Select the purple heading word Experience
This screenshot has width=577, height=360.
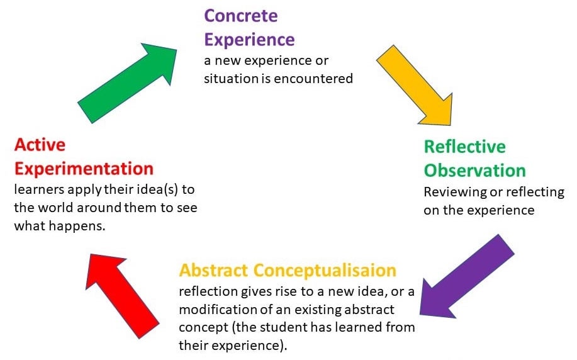(249, 39)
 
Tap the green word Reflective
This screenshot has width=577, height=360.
(464, 147)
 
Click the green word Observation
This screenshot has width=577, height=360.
(474, 171)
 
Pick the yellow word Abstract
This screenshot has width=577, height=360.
(213, 270)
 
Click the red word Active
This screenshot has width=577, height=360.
(40, 145)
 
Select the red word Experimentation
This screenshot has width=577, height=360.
(84, 169)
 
